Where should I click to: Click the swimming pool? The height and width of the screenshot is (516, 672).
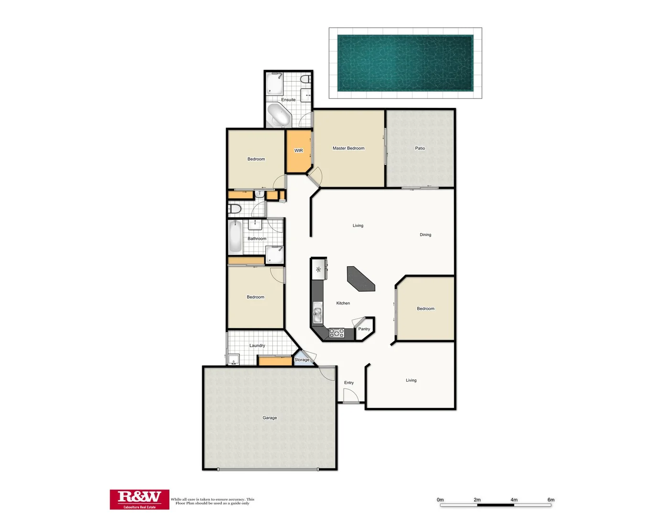pyautogui.click(x=405, y=63)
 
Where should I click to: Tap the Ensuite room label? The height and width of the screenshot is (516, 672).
pyautogui.click(x=288, y=100)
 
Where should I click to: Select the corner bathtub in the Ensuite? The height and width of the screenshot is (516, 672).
pyautogui.click(x=278, y=115)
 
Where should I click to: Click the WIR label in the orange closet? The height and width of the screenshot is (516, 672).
pyautogui.click(x=299, y=150)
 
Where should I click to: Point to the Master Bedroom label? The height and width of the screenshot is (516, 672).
pyautogui.click(x=348, y=148)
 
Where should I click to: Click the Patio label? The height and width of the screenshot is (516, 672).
pyautogui.click(x=420, y=148)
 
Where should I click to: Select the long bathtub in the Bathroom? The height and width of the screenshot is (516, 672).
pyautogui.click(x=235, y=236)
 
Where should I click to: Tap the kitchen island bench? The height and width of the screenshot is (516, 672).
pyautogui.click(x=361, y=279)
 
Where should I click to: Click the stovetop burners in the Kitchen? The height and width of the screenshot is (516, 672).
pyautogui.click(x=336, y=333)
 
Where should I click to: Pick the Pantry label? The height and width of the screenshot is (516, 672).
pyautogui.click(x=364, y=329)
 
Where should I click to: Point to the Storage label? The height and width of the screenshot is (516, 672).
pyautogui.click(x=302, y=360)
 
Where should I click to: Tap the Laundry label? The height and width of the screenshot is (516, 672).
pyautogui.click(x=257, y=345)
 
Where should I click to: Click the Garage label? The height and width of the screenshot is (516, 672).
pyautogui.click(x=270, y=418)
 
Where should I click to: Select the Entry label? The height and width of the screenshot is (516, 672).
pyautogui.click(x=349, y=383)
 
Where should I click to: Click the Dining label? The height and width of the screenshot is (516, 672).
pyautogui.click(x=425, y=235)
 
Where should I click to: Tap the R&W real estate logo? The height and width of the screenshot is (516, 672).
pyautogui.click(x=140, y=499)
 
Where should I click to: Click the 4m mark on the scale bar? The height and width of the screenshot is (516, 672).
pyautogui.click(x=514, y=500)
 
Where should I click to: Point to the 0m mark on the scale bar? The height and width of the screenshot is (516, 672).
pyautogui.click(x=440, y=500)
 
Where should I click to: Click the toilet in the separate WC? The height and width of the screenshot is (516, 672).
pyautogui.click(x=234, y=209)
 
